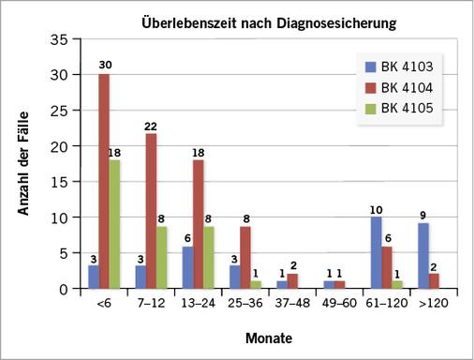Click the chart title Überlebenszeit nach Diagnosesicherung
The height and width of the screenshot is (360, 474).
click(268, 21)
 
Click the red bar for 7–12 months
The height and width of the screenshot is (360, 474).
click(151, 210)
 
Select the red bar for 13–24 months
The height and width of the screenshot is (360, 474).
click(198, 224)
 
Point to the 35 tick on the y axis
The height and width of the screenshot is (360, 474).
click(58, 39)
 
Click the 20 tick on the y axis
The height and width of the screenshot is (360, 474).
click(58, 146)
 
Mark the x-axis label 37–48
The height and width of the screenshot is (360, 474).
click(286, 302)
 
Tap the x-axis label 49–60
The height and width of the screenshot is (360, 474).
click(333, 302)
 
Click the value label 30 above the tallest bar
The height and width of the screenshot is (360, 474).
click(105, 66)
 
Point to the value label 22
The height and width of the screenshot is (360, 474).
click(151, 125)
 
